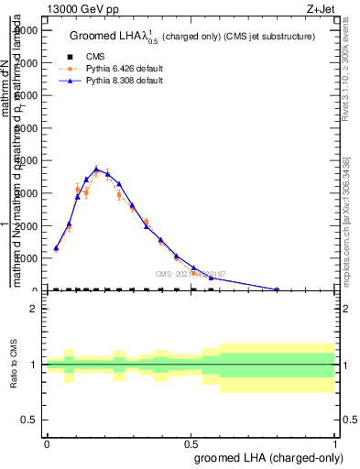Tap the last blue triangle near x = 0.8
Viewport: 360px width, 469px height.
coord(277,289)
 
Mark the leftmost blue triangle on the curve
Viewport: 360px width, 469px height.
coord(56,247)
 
